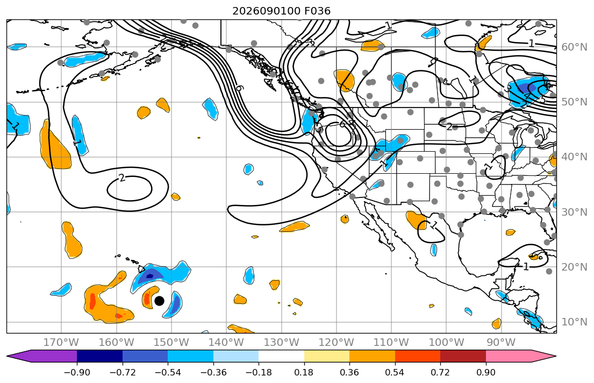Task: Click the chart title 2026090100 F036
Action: click(x=281, y=11)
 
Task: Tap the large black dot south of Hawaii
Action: click(x=159, y=301)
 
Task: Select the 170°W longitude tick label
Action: click(x=61, y=343)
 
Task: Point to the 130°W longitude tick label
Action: click(x=282, y=343)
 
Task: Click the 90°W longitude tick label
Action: click(x=501, y=343)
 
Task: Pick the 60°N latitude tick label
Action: click(x=574, y=47)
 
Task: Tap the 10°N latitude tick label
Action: click(x=574, y=322)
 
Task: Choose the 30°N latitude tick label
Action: click(x=574, y=212)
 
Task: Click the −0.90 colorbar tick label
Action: click(x=77, y=372)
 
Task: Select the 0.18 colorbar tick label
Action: click(x=304, y=372)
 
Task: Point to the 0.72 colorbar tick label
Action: click(x=440, y=372)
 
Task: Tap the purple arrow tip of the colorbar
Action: click(x=8, y=356)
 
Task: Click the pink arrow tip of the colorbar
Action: click(x=555, y=356)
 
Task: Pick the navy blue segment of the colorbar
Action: click(x=99, y=356)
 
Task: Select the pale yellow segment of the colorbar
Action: click(x=326, y=356)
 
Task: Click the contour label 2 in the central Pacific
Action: click(x=121, y=178)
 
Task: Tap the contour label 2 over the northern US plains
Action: click(x=449, y=126)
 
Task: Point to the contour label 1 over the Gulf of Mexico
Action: click(x=526, y=267)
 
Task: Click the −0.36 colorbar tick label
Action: click(x=213, y=372)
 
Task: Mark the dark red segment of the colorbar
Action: click(x=463, y=356)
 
